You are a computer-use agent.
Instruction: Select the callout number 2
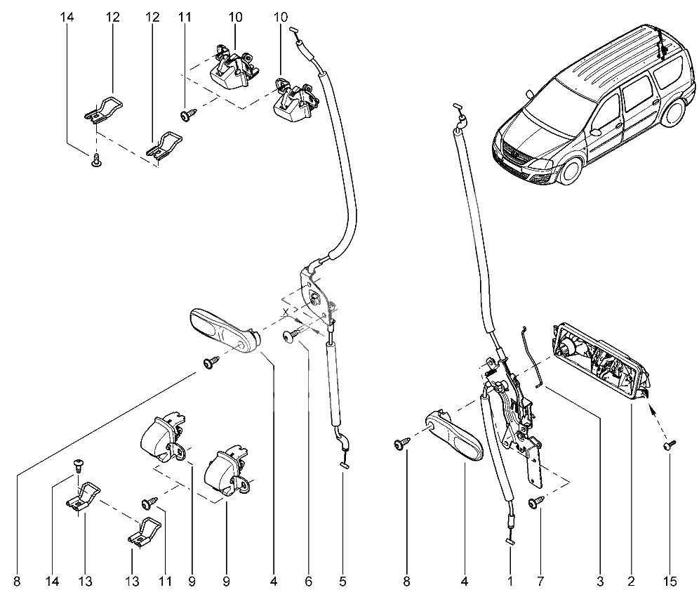point(631,581)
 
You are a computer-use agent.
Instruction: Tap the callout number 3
point(600,581)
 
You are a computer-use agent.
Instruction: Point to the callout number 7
point(540,581)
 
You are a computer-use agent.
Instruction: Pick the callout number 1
point(510,581)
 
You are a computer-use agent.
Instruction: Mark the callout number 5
point(343,581)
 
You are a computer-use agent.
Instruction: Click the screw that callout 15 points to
point(668,445)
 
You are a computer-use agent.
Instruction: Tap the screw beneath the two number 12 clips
point(96,162)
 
